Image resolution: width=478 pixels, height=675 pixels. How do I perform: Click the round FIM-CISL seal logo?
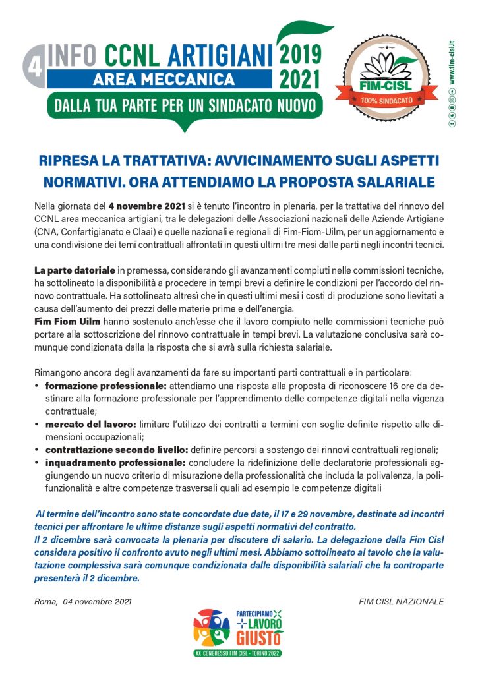(386, 78)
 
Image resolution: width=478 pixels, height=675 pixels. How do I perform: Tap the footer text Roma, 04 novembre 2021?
(83, 602)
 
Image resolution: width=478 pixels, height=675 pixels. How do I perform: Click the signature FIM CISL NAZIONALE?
(402, 602)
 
